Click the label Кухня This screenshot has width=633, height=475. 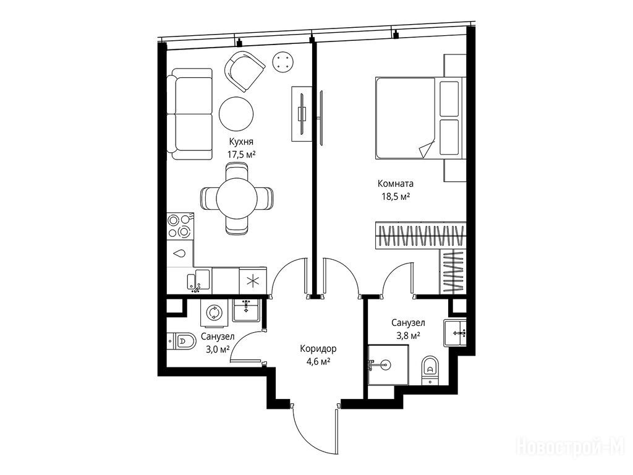point(241,142)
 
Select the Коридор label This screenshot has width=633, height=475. point(318,349)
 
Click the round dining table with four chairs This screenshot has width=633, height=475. point(237,199)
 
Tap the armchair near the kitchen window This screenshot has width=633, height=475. point(245,71)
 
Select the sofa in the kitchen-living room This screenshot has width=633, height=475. point(190,114)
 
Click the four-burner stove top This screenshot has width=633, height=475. point(181,226)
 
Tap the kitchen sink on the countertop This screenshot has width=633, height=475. point(198,281)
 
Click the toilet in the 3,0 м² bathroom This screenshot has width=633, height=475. point(181,341)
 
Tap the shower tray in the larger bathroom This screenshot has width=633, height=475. point(388,365)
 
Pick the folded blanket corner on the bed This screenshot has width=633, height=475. point(427,148)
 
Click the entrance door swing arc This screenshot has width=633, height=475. point(306,439)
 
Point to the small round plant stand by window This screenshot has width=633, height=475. point(283,62)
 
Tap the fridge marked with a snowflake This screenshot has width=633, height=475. point(253,281)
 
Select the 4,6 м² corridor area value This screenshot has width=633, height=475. point(318,361)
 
